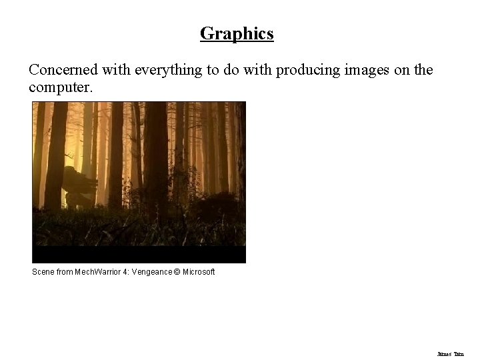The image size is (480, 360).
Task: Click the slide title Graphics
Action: tap(237, 33)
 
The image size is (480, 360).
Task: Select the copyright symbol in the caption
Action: tap(177, 272)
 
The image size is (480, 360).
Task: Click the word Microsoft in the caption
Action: tap(199, 272)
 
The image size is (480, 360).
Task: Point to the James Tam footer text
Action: tap(451, 354)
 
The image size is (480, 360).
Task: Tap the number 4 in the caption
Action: tap(125, 272)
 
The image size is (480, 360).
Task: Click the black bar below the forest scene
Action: tap(139, 254)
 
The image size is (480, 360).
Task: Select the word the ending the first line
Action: tap(423, 70)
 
